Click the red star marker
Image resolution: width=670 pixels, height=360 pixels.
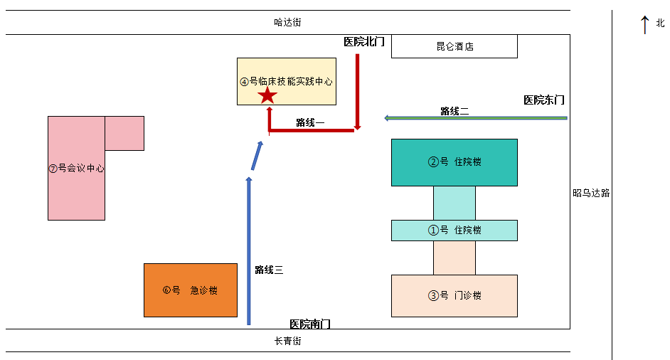(267, 95)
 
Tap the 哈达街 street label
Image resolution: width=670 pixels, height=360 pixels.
(287, 22)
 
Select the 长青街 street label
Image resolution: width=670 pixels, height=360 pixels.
(288, 341)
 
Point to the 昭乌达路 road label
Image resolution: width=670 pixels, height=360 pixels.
(591, 193)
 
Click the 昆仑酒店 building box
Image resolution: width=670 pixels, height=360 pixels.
(454, 47)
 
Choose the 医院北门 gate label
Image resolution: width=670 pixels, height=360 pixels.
(364, 42)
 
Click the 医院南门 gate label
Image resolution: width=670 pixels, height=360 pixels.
(310, 324)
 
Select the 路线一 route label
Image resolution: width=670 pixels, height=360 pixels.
(310, 122)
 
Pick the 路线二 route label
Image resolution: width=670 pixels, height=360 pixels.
(454, 111)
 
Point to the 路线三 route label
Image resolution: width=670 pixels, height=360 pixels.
(269, 270)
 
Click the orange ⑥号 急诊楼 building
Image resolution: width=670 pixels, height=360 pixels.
(191, 290)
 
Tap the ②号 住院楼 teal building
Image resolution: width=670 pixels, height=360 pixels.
(454, 162)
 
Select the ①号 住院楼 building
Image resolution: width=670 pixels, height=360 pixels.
(454, 231)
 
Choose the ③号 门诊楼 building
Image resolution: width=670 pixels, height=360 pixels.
(454, 296)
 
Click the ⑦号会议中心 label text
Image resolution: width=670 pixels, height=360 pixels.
(76, 169)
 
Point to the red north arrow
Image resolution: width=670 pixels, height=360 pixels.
(644, 24)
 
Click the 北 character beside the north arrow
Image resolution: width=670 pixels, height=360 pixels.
(660, 23)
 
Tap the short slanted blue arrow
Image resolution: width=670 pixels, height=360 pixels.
(256, 156)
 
